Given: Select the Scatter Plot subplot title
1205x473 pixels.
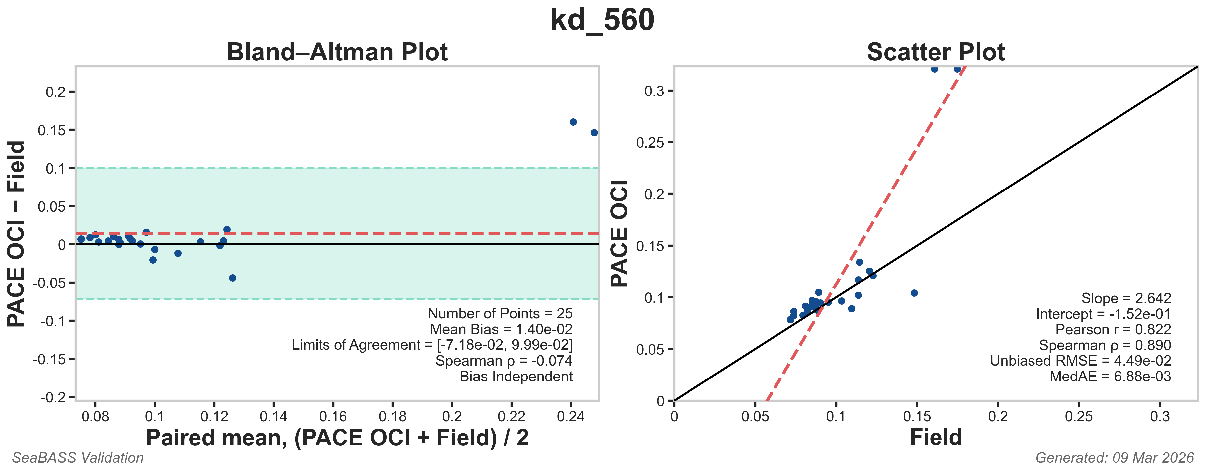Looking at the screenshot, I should coord(936,52).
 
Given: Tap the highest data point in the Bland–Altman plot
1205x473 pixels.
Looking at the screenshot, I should coord(573,122).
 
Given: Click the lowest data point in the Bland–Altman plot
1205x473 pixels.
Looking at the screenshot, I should coord(233,278).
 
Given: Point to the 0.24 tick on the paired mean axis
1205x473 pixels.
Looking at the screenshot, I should coord(571,416).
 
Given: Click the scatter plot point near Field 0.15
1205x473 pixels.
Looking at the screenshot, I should coord(914,293).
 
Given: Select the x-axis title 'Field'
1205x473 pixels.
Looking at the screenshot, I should coord(936,437).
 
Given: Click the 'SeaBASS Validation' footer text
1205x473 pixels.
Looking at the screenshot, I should coord(78,458).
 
